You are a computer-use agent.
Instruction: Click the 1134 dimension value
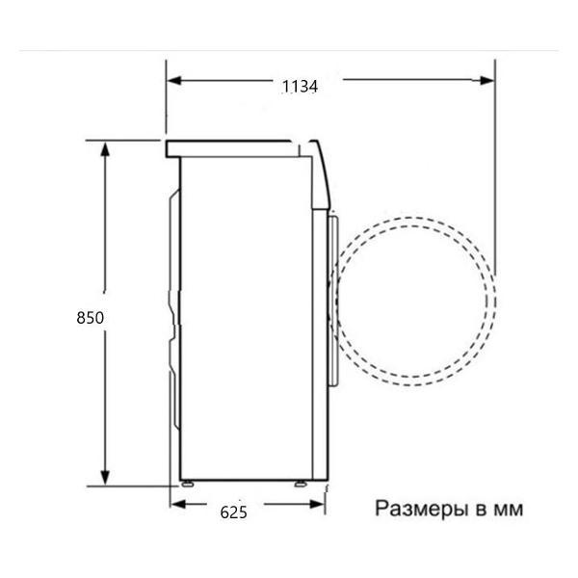(300, 86)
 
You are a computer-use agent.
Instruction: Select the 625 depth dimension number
(233, 512)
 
